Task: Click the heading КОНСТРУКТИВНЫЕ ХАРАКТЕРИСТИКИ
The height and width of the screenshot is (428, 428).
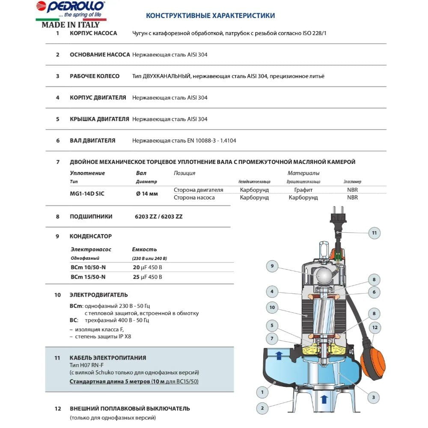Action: [x=211, y=16]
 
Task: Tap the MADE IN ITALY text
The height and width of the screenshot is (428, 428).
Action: [x=70, y=24]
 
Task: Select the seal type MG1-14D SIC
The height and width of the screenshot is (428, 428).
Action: [x=87, y=193]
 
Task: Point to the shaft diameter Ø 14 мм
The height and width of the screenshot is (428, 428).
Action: [x=147, y=193]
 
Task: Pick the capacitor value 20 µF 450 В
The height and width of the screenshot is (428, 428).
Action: [x=148, y=267]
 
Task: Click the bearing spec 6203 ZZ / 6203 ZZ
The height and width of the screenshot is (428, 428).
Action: [x=158, y=217]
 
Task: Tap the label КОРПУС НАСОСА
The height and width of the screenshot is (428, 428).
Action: [x=93, y=33]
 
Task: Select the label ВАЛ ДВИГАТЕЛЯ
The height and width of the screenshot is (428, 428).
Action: [x=92, y=140]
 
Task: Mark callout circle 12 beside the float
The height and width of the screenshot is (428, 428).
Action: [x=375, y=328]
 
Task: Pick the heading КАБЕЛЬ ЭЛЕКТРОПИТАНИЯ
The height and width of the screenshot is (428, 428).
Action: [x=108, y=358]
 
